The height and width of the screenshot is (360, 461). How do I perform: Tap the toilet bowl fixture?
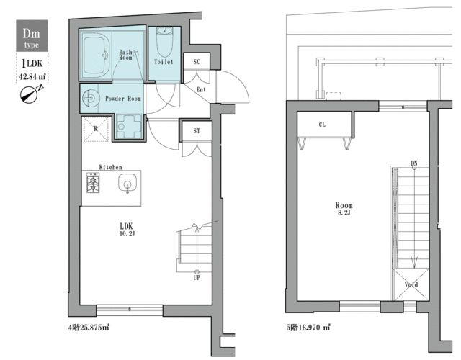click(164, 40)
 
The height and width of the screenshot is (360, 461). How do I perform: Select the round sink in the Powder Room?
click(89, 98)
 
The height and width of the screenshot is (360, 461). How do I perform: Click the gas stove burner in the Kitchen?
click(93, 182)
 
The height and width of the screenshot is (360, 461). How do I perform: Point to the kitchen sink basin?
click(127, 184)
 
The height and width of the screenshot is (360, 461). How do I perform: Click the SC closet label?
click(197, 62)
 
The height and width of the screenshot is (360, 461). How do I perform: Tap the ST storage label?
click(197, 131)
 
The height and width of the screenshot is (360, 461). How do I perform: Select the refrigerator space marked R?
click(96, 129)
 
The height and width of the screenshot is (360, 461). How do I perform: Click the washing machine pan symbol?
click(129, 127)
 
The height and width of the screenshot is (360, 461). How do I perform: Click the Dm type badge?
click(32, 36)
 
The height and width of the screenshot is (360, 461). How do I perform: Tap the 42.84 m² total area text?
click(32, 77)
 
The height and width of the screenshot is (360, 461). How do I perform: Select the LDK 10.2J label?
click(127, 229)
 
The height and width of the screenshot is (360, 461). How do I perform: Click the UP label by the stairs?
click(197, 277)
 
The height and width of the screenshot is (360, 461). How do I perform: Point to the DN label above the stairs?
click(414, 163)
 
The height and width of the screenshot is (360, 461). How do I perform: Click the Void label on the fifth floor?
click(411, 284)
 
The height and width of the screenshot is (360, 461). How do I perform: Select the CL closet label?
click(322, 125)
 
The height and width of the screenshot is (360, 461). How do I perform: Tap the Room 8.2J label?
click(344, 208)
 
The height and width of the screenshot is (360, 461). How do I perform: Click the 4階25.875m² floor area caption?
click(89, 328)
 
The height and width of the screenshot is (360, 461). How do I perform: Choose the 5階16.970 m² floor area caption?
click(309, 327)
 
